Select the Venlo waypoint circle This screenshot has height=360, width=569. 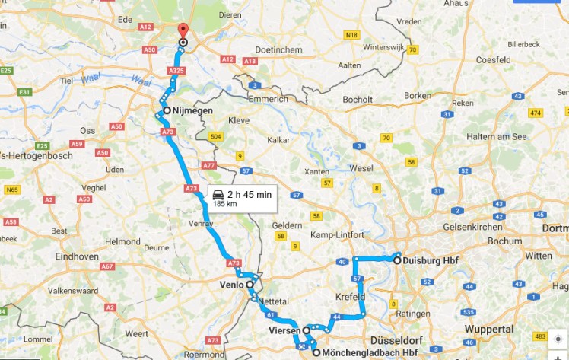pyautogui.click(x=250, y=285)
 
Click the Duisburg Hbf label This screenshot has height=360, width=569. pyautogui.click(x=429, y=260)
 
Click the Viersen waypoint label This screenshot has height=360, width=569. pyautogui.click(x=284, y=331)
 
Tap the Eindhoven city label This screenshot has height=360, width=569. pyautogui.click(x=76, y=256)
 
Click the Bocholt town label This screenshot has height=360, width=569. pyautogui.click(x=358, y=100)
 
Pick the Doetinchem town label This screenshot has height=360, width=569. pyautogui.click(x=277, y=49)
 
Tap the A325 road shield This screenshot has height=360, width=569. pyautogui.click(x=176, y=70)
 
